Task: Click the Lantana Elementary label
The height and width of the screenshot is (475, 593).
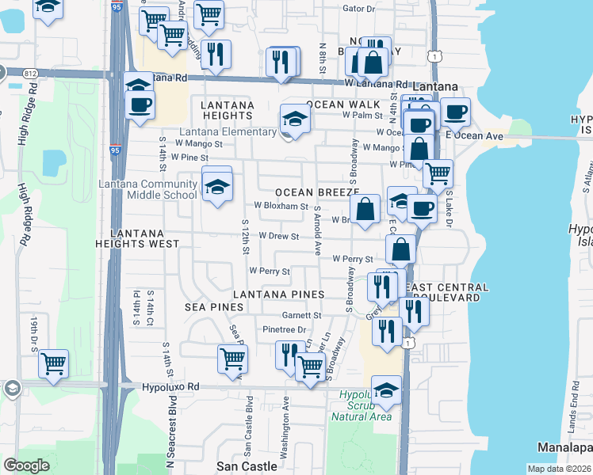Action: [x=228, y=131]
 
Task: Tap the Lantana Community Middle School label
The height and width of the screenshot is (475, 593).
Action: [x=147, y=190]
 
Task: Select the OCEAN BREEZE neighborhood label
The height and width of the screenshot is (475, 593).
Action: [x=317, y=192]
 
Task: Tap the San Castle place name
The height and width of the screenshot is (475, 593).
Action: [x=247, y=466]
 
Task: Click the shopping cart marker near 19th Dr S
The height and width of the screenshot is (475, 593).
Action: [x=54, y=364]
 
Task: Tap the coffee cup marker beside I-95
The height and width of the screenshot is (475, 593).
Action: [x=140, y=104]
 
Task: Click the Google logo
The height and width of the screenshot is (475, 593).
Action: [x=27, y=465]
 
